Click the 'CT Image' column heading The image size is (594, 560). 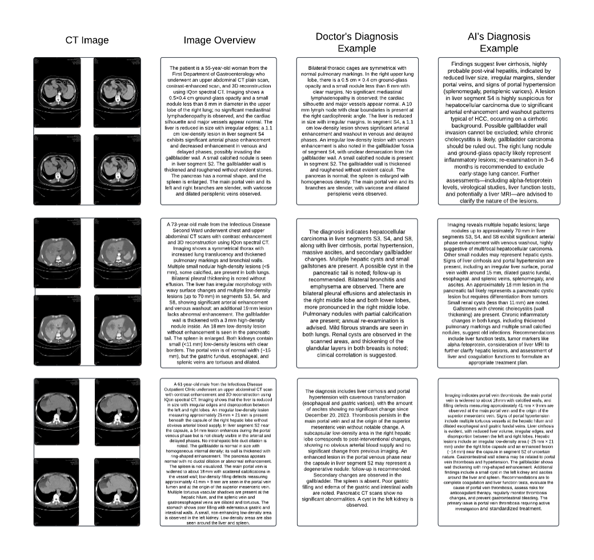(x=87, y=40)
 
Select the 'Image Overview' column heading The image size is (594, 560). (x=219, y=40)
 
